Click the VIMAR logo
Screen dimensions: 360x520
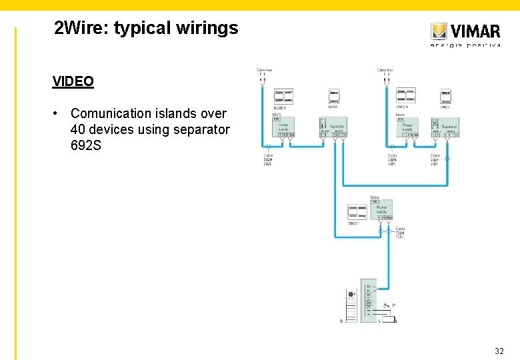pos(465,31)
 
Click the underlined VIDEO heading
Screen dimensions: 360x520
pos(73,81)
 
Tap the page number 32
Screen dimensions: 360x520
pos(499,351)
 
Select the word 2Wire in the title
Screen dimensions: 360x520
pos(79,28)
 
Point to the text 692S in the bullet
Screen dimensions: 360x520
pos(86,145)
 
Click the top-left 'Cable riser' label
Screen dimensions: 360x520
pos(264,70)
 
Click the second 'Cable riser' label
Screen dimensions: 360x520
pos(385,70)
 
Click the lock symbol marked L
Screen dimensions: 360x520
pos(387,319)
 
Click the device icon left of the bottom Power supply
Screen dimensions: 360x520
pos(357,212)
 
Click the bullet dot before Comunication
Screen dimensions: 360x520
pos(60,113)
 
